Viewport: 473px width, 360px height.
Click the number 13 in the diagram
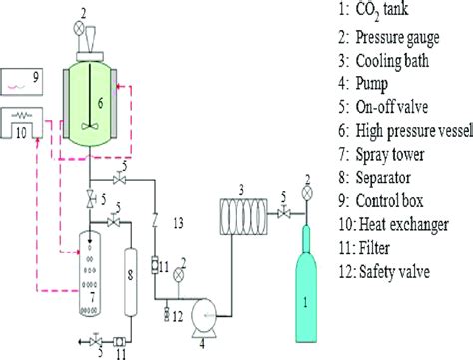coord(181,219)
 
